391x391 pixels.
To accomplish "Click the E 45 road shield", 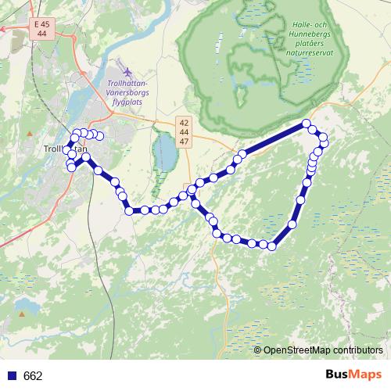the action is pos(41,25).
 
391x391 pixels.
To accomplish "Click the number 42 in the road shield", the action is pos(184,123).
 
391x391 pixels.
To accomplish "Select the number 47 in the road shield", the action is pos(184,142).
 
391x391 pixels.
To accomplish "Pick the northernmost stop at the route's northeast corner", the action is pos(307,124).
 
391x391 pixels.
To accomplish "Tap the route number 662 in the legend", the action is pos(33,376).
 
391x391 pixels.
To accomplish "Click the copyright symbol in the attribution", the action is pos(258,350).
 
